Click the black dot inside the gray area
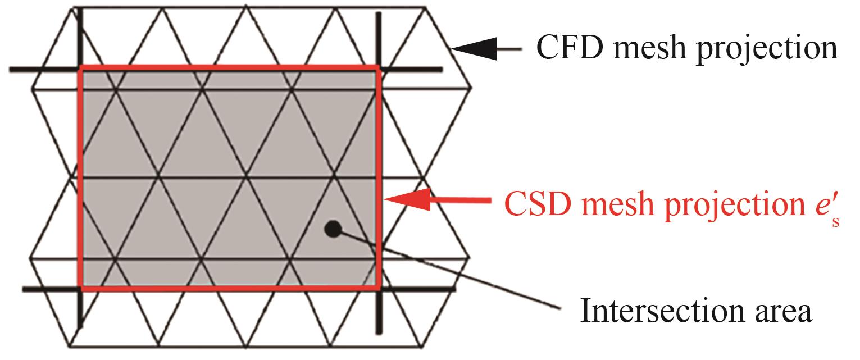click(x=333, y=228)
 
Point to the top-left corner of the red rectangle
click(x=81, y=68)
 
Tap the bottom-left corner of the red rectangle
click(x=82, y=289)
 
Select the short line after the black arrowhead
click(x=508, y=50)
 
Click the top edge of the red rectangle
click(x=230, y=68)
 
